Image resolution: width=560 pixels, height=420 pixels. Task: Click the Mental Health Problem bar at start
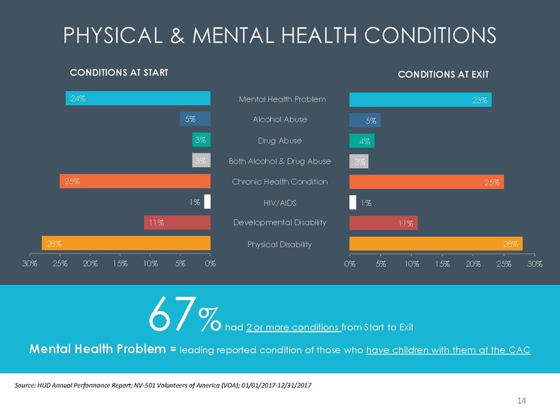click(x=138, y=99)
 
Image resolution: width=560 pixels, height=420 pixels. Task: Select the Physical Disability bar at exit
click(x=435, y=244)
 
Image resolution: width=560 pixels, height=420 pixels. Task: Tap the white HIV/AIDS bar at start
click(x=207, y=202)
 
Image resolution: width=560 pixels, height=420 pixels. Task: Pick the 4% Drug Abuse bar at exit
click(x=361, y=141)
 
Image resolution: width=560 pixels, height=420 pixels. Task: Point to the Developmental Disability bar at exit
click(x=383, y=223)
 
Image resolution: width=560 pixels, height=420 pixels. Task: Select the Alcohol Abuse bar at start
click(x=195, y=119)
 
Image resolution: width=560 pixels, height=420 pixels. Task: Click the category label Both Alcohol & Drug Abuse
click(x=279, y=162)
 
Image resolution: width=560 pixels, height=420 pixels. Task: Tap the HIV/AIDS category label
click(x=279, y=202)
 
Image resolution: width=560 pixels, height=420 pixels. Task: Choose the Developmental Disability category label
click(x=279, y=223)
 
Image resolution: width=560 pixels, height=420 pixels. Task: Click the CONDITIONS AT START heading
click(x=118, y=72)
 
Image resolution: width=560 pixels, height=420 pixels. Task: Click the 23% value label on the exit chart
click(x=479, y=100)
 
